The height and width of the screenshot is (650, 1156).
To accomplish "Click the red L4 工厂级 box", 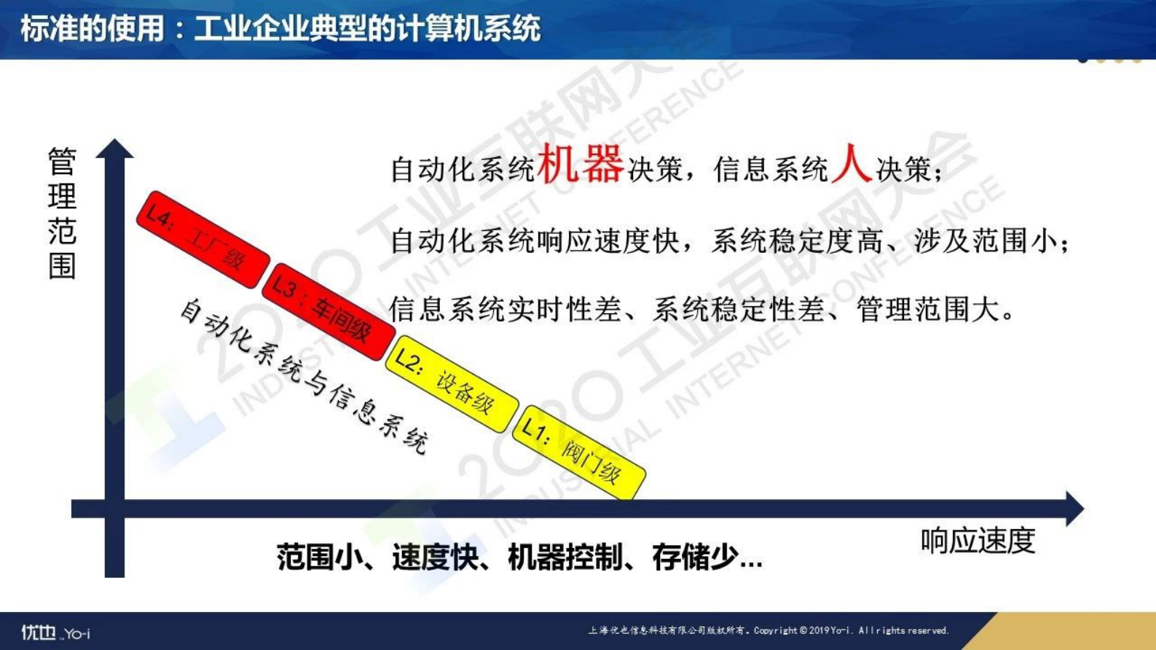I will tap(203, 239).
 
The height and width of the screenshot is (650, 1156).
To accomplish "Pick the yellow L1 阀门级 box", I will tap(578, 452).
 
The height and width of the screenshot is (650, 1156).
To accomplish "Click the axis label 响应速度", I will tap(977, 541).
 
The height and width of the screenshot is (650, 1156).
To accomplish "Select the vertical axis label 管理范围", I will tap(62, 213).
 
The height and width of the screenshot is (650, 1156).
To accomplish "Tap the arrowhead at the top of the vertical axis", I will tap(114, 149).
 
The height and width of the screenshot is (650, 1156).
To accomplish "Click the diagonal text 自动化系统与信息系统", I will tap(303, 376).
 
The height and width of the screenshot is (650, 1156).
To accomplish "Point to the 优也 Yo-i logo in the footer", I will tap(55, 632).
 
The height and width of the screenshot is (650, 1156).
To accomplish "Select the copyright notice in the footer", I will tap(768, 630).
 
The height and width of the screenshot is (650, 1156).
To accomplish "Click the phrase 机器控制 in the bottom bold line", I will tap(565, 557).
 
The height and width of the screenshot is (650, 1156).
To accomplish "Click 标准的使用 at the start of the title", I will tap(92, 29).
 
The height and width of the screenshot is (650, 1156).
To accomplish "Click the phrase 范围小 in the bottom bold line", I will tap(318, 557).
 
